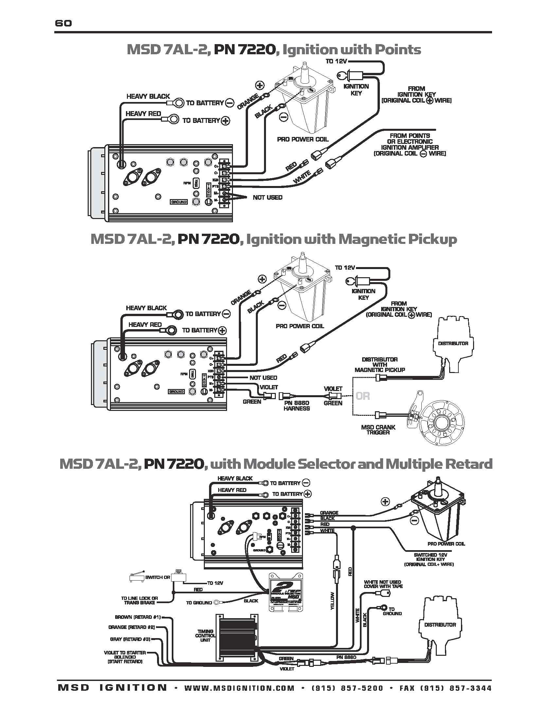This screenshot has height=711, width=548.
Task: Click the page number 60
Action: coord(63,23)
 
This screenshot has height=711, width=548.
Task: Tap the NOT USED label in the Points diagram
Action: coord(267,197)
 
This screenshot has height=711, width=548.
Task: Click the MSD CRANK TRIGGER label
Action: coord(378,430)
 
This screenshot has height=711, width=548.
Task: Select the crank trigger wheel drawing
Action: coord(441,423)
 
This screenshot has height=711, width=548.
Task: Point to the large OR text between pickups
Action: coord(362,396)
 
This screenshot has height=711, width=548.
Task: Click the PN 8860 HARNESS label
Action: coord(296,406)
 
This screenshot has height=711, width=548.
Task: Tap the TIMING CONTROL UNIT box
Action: coord(236,637)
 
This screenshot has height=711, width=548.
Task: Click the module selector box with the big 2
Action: coord(286,592)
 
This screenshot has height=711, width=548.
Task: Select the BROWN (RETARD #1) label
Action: coord(138,617)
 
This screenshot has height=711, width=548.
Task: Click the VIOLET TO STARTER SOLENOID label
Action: coord(125,657)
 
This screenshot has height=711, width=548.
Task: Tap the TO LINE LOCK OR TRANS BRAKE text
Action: coord(139,600)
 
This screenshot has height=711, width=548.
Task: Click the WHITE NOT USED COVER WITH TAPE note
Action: coord(383,584)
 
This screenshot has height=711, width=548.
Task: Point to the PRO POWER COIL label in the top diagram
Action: coord(303,140)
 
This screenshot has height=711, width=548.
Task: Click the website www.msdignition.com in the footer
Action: coord(239,688)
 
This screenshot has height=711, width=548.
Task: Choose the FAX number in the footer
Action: coord(445,688)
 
